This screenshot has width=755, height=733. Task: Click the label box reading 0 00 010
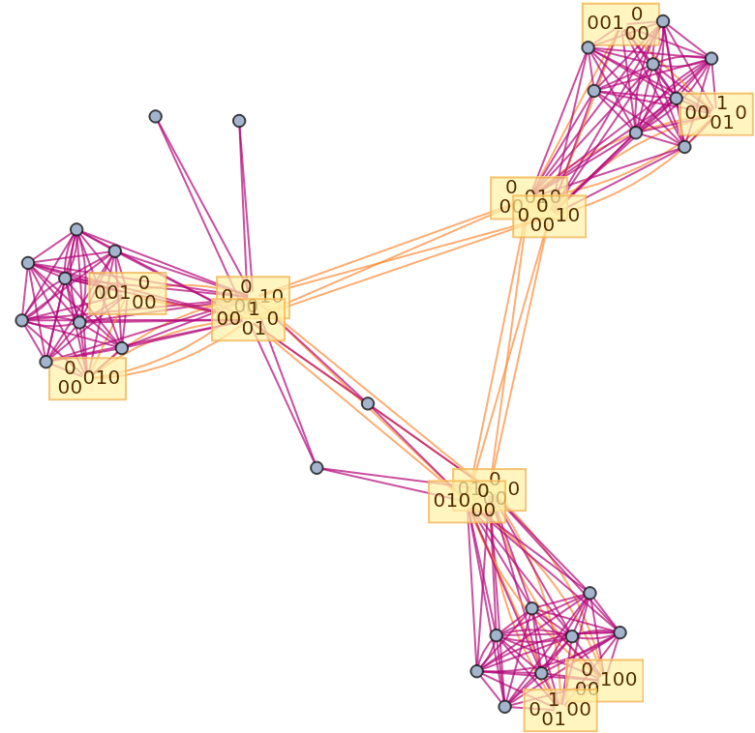[87, 378]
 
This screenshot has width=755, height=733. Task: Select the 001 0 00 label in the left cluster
[127, 293]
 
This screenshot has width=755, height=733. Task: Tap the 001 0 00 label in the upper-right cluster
[619, 23]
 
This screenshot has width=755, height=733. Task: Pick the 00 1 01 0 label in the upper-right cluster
[715, 113]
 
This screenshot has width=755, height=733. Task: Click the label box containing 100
[604, 680]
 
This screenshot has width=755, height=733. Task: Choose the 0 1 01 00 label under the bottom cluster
[559, 710]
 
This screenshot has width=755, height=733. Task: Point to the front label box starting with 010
[467, 501]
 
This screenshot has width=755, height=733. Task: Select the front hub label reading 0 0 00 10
[549, 216]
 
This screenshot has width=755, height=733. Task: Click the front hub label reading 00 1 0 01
[248, 319]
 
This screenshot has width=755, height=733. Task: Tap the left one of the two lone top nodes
[156, 117]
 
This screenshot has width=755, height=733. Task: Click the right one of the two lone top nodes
[239, 121]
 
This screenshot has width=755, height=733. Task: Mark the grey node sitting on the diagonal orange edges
[368, 403]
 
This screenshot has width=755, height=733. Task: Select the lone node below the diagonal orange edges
[317, 468]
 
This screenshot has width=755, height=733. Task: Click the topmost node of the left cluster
[76, 230]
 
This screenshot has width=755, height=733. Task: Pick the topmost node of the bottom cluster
[589, 593]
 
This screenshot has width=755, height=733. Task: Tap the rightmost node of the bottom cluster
[619, 632]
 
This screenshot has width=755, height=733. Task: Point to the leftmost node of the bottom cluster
[476, 671]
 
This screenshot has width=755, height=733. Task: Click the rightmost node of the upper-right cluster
[711, 59]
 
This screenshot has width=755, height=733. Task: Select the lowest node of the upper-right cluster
[684, 147]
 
